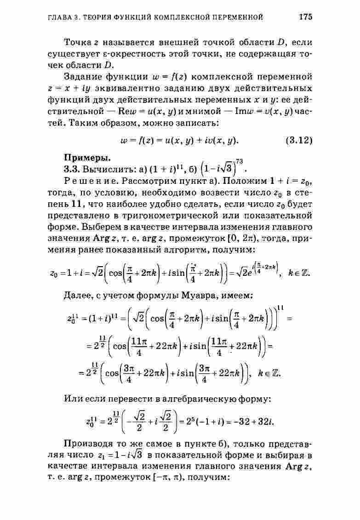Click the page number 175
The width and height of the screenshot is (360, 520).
click(x=305, y=17)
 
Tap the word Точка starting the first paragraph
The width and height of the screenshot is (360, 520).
click(x=77, y=43)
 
